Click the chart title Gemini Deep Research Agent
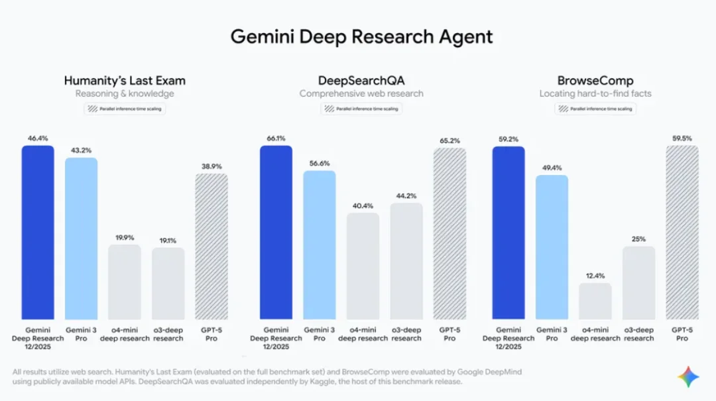pyautogui.click(x=361, y=36)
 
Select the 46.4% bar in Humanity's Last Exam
pyautogui.click(x=38, y=232)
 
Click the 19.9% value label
pyautogui.click(x=125, y=237)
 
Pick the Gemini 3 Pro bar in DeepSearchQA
pyautogui.click(x=320, y=245)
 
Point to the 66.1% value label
pyautogui.click(x=276, y=139)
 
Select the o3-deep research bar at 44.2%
pyautogui.click(x=406, y=261)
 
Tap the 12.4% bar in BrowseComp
pyautogui.click(x=595, y=302)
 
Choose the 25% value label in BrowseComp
pyautogui.click(x=639, y=239)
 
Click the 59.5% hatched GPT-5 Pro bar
pyautogui.click(x=682, y=232)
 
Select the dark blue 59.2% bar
pyautogui.click(x=508, y=232)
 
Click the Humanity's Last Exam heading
pyautogui.click(x=125, y=81)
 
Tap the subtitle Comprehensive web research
pyautogui.click(x=361, y=93)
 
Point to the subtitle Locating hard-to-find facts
pyautogui.click(x=595, y=93)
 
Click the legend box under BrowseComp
pyautogui.click(x=595, y=109)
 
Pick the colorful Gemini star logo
pyautogui.click(x=688, y=377)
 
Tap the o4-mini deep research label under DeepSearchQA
pyautogui.click(x=363, y=334)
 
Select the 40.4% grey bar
pyautogui.click(x=363, y=266)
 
